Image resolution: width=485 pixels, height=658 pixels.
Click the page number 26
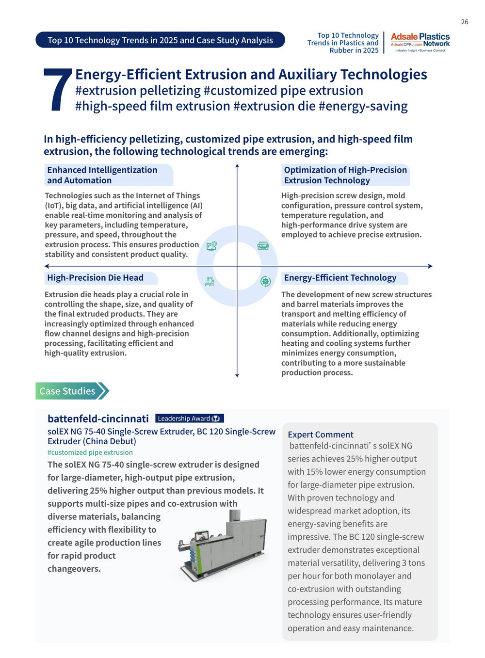coord(464,22)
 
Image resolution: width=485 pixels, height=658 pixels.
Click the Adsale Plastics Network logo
coord(420,43)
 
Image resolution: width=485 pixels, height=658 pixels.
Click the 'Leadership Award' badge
coord(189,418)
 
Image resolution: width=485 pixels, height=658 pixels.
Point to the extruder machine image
coord(222,544)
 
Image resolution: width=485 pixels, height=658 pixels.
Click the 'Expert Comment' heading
coord(321,434)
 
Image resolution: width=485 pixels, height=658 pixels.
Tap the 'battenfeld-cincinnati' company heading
coord(98,418)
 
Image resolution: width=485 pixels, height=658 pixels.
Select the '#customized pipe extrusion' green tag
coord(90,452)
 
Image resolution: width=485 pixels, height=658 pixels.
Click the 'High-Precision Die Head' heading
coord(96,278)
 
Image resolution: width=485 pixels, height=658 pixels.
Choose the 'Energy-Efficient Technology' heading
coord(340,278)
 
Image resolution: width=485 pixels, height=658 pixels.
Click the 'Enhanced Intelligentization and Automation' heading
coord(102,175)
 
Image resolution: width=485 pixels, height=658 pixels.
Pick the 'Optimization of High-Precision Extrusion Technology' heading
coord(345,175)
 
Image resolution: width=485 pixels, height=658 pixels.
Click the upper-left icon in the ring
coord(211,246)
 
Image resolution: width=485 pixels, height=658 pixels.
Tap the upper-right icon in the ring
coord(263,246)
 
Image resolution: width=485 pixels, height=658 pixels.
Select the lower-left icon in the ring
coord(209,281)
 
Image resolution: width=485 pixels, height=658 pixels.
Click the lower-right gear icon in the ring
coord(265,281)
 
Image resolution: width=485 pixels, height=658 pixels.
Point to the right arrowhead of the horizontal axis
coord(430,266)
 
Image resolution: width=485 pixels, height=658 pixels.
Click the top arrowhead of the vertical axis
coord(237,166)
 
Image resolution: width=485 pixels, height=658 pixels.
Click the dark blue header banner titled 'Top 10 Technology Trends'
coord(160,40)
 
